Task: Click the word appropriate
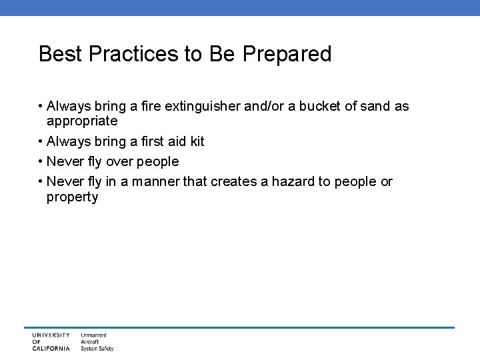coord(82,122)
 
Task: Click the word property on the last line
coord(72,197)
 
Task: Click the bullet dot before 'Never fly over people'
coord(41,162)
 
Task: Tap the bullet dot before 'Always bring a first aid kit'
coord(41,142)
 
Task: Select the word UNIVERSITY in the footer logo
coord(51,335)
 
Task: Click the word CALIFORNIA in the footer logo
coord(51,348)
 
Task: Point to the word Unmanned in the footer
coord(94,335)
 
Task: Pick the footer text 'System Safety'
coord(97,348)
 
